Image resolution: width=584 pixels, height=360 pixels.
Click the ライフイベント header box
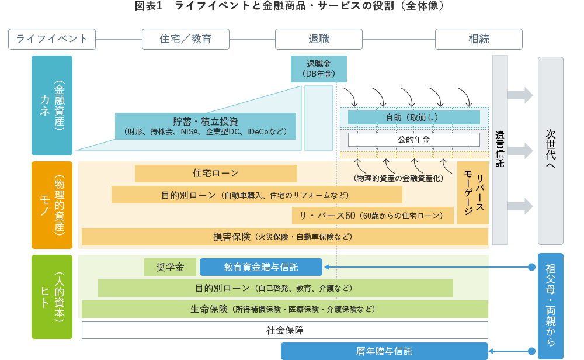point(52,39)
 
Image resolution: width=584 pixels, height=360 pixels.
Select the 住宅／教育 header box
point(186,39)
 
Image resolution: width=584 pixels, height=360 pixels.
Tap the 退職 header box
point(319,39)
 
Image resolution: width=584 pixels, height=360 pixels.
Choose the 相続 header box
point(478,39)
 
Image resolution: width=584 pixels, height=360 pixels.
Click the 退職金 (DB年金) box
point(318,68)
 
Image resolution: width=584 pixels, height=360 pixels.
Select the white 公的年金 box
point(413,140)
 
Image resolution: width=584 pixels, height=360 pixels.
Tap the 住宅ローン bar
point(215,174)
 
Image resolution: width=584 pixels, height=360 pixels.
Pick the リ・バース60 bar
point(373,215)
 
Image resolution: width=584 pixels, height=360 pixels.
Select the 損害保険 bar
point(284,237)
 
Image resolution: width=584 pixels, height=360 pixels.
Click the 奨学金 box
point(170,267)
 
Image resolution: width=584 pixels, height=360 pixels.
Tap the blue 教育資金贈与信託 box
point(260,267)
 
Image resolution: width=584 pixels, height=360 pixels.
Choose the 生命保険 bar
point(284,309)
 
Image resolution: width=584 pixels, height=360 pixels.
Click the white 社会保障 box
point(284,330)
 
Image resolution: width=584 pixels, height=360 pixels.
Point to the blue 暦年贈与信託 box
point(384,351)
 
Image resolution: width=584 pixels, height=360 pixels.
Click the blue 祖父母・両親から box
point(550,306)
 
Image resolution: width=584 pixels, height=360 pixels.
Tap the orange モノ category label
point(52,205)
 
